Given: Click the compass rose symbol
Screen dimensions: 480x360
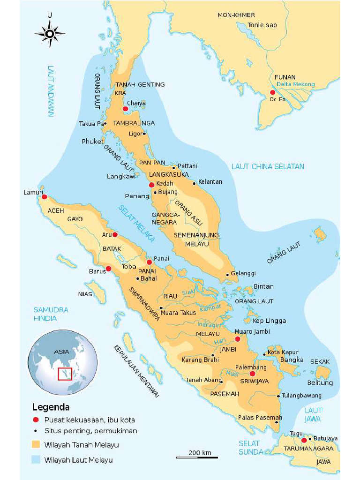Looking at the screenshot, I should pos(49,33).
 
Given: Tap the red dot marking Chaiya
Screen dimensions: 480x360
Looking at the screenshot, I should pos(125,109).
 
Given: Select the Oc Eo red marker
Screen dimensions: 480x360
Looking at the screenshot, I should pos(272,92).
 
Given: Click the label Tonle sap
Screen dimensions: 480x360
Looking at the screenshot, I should pos(262,25).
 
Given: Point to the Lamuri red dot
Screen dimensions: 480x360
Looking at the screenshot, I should pos(44,197).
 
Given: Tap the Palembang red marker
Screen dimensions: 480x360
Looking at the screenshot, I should pos(252,374).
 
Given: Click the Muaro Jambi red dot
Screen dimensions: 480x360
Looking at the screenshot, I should pos(237,339).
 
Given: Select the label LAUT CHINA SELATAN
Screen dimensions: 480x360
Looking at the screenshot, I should pos(268,166).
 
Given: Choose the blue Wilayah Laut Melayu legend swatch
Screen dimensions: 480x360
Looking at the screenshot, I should pos(36,460).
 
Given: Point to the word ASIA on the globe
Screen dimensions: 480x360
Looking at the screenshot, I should pos(61,351).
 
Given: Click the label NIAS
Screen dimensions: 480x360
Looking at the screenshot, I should pos(85,294).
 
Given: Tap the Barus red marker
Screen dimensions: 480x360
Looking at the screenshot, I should pos(108,269).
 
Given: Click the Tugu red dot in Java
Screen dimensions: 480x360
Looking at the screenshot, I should pos(304,440).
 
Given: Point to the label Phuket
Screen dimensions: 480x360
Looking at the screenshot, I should pos(92,141).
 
